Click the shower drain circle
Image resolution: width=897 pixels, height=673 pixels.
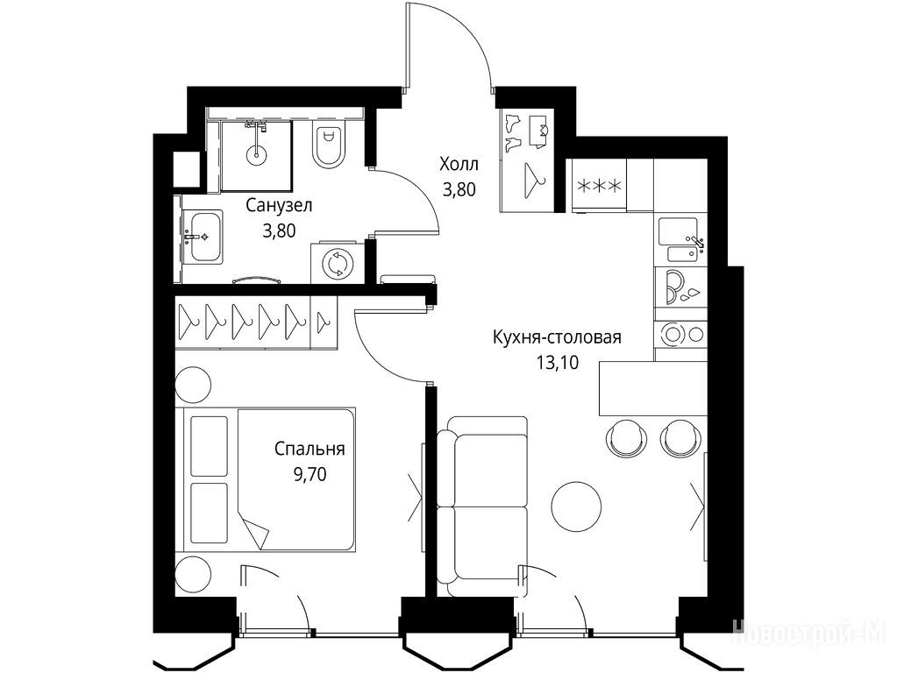256,153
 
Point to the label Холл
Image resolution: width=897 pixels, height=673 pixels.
459,165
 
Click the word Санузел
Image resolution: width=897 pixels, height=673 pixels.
279,205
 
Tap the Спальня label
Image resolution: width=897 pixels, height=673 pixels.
310,449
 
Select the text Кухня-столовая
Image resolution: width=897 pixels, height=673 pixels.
557,336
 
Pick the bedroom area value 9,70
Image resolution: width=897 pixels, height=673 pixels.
310,474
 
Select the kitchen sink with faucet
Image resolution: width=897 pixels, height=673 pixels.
681,239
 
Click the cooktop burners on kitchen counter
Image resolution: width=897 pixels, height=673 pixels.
680,333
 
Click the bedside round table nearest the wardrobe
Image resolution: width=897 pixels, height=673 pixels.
192,385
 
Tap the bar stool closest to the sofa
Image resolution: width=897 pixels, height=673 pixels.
626,437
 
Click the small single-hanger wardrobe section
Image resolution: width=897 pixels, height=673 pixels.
324,322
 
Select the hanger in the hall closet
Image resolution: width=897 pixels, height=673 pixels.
534,179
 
